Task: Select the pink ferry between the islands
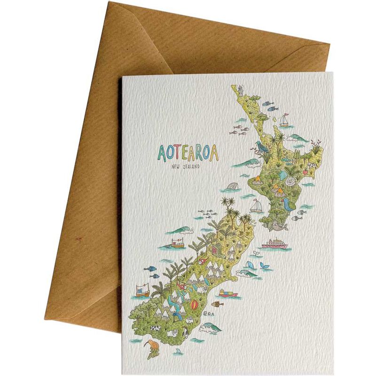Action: pyautogui.click(x=276, y=243)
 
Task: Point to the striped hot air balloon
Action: pyautogui.click(x=194, y=309)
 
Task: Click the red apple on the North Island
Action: pyautogui.click(x=304, y=172)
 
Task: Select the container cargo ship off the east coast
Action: pyautogui.click(x=228, y=294)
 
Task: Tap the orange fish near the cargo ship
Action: pyautogui.click(x=217, y=304)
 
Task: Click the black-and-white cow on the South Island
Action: pyautogui.click(x=154, y=328)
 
